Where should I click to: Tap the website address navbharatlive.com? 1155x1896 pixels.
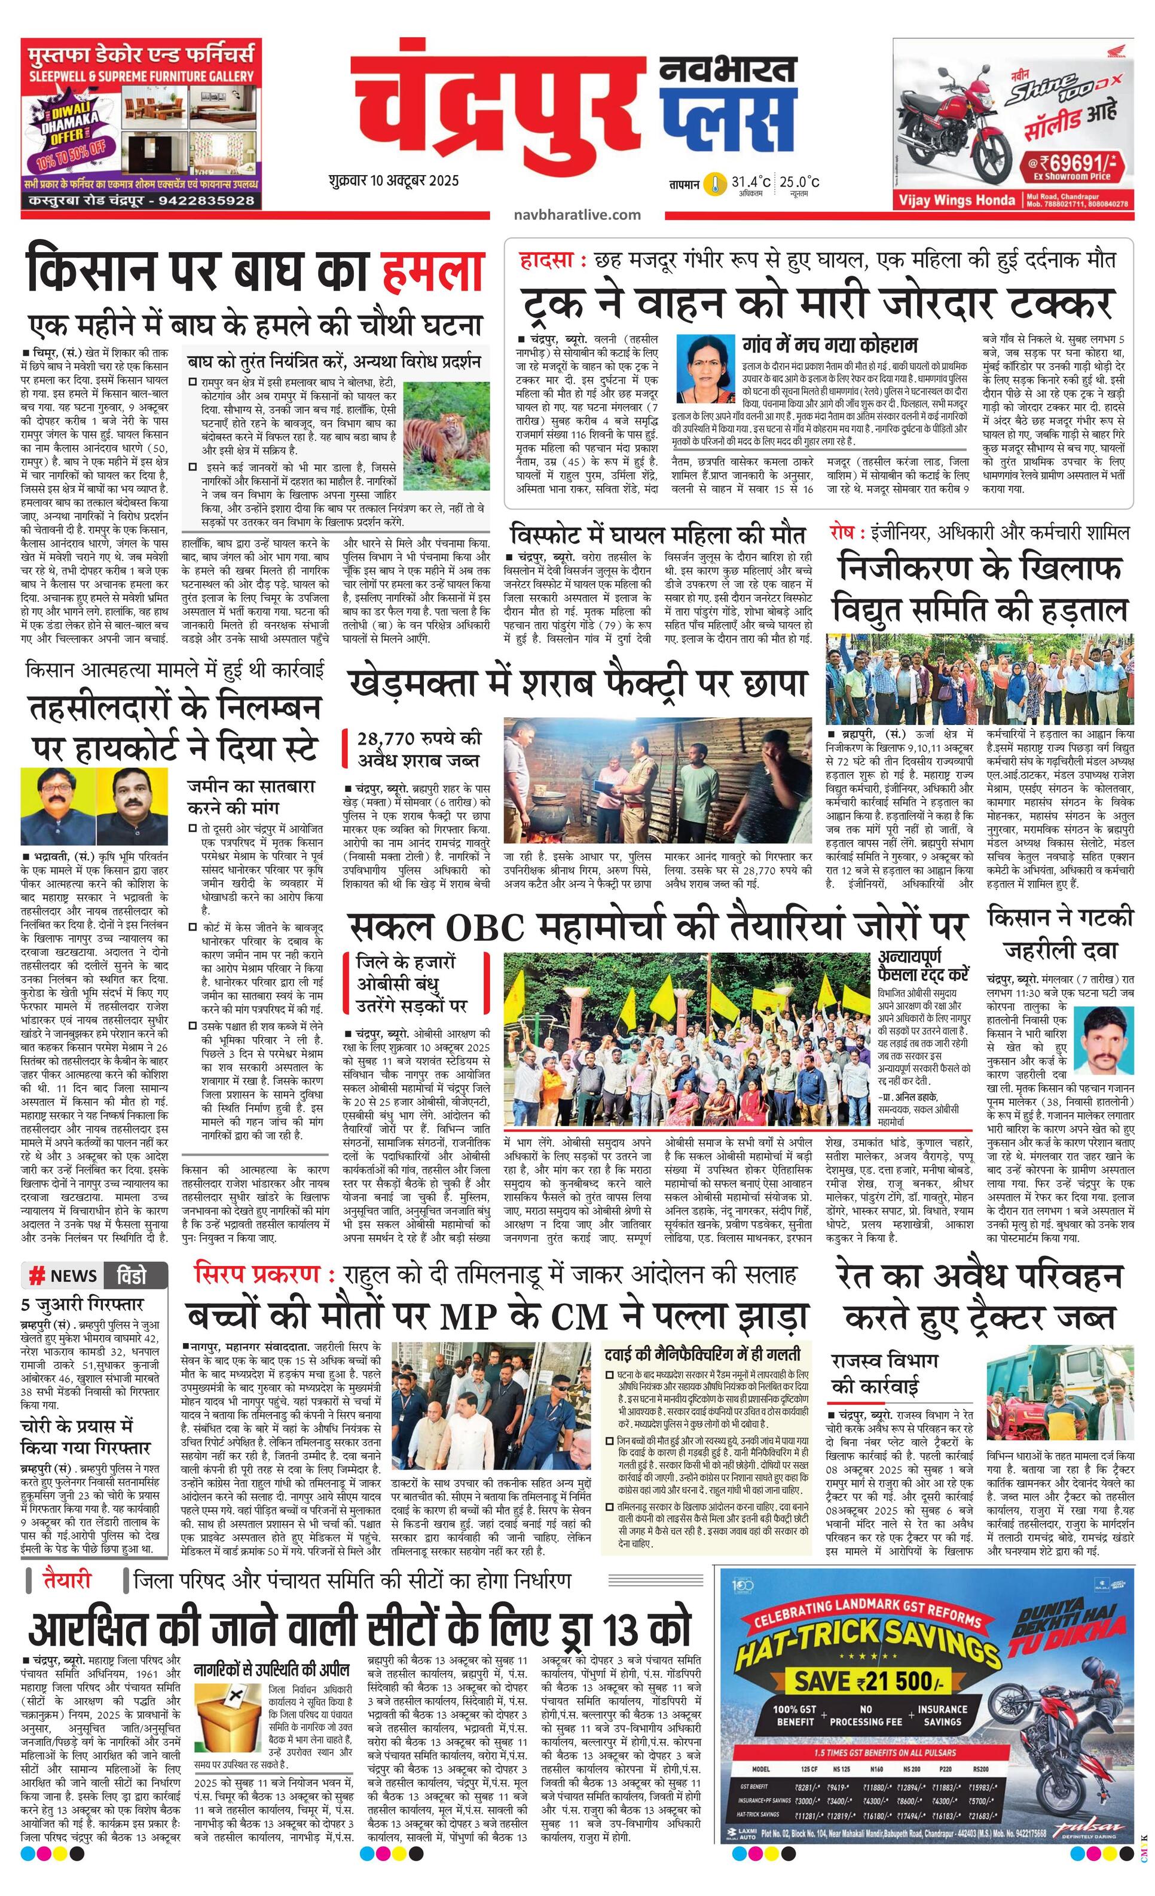tap(577, 215)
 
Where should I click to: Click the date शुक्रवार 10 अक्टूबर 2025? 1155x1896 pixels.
tap(392, 182)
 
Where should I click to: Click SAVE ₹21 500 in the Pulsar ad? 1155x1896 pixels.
tap(866, 1681)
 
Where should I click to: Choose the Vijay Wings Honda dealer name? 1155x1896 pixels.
tap(957, 201)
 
